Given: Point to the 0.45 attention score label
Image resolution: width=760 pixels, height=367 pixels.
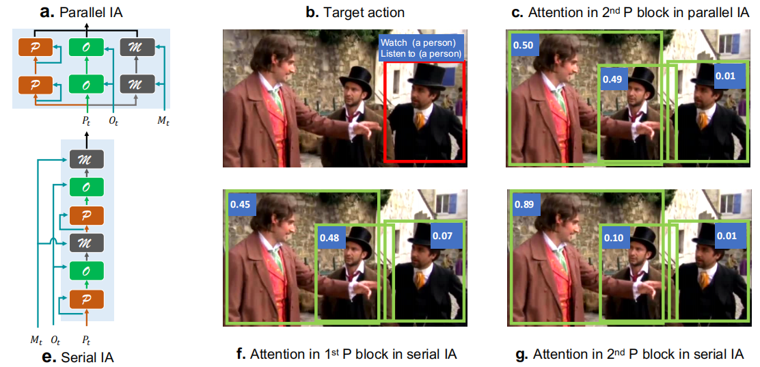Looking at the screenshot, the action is tap(241, 204).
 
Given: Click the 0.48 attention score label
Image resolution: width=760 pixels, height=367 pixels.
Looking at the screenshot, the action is tap(329, 238).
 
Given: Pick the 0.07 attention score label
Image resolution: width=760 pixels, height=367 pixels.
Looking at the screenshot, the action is tap(442, 236).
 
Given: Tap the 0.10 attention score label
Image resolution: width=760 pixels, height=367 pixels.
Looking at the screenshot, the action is tap(613, 238).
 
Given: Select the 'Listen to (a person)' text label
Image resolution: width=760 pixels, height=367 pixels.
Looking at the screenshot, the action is tap(421, 53).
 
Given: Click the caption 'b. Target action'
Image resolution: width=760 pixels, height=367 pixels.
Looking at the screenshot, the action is tap(355, 12).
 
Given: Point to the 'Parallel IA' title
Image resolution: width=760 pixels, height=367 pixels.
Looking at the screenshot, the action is tap(91, 12).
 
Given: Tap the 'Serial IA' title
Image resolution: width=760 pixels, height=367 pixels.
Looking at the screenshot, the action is tap(88, 358).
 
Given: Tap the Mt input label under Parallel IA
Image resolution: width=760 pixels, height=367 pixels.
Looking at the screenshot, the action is tap(163, 121).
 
